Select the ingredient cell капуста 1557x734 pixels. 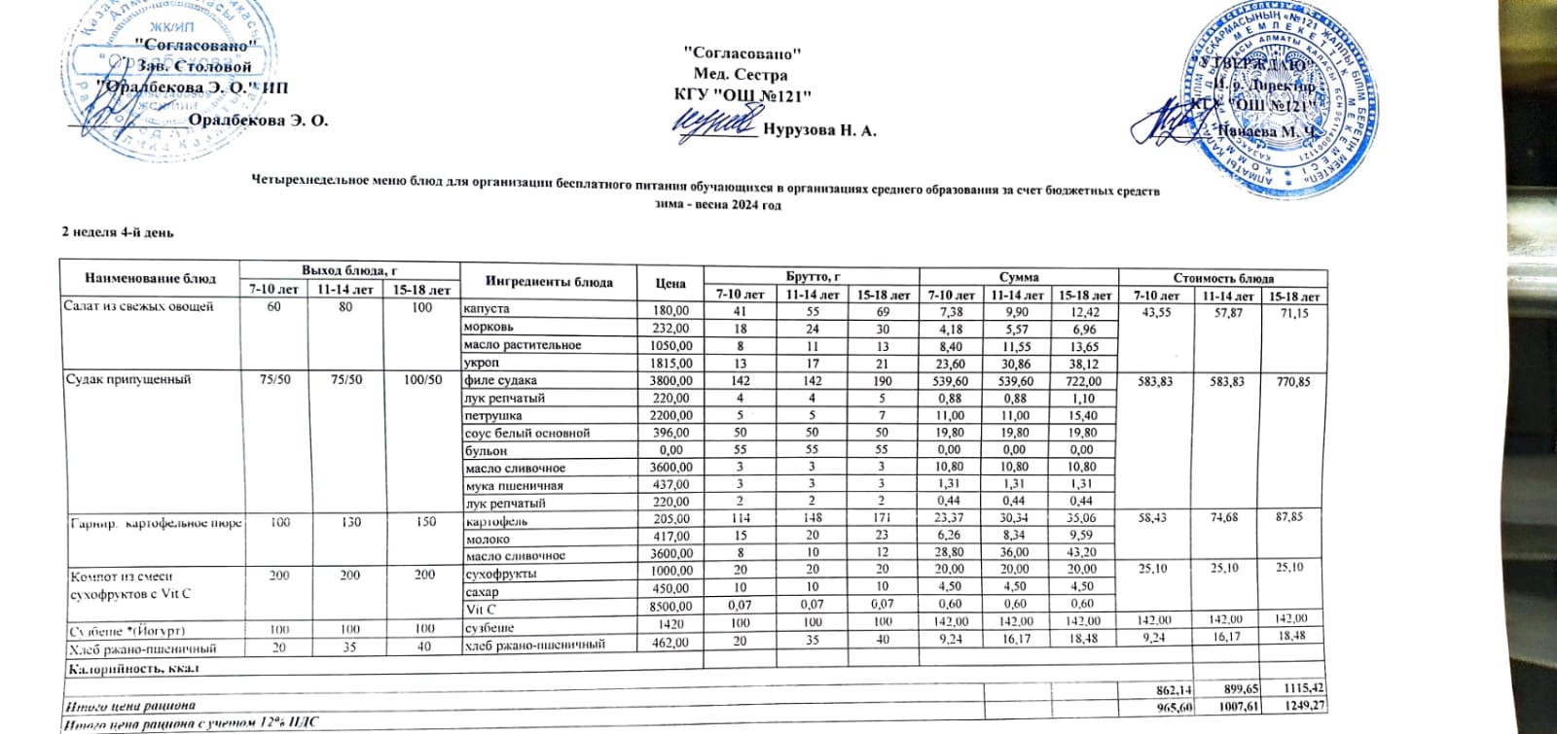(x=486, y=309)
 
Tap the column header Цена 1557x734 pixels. (x=670, y=283)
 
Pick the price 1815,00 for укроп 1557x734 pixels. (x=670, y=363)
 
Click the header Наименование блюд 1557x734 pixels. (x=150, y=278)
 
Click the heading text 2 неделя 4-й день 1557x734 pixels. (x=118, y=231)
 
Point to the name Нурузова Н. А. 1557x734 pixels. (x=819, y=130)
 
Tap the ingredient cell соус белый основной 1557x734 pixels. (x=526, y=433)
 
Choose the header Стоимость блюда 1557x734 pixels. (x=1222, y=277)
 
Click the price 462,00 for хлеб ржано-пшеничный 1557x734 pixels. (x=670, y=643)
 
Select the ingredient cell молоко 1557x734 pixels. (x=488, y=539)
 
